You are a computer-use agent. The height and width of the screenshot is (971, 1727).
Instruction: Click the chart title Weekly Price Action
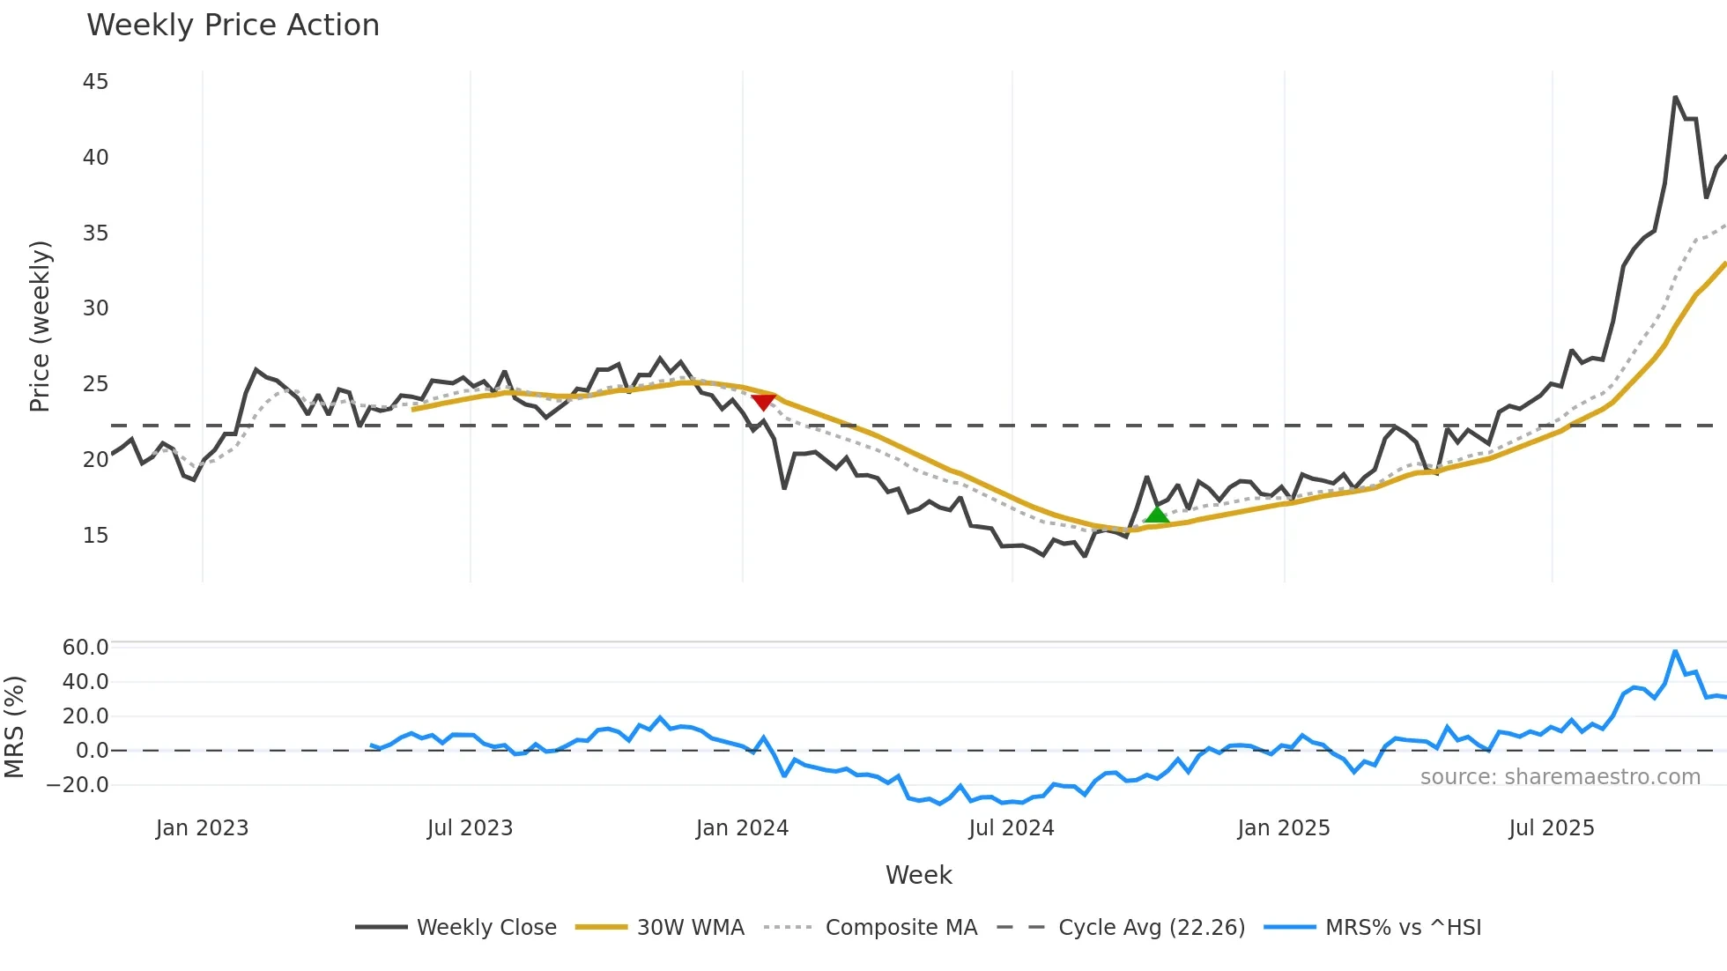pyautogui.click(x=233, y=26)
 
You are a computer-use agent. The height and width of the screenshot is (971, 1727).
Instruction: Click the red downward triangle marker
pyautogui.click(x=763, y=402)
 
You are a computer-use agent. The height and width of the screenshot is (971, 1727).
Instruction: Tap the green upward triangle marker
pyautogui.click(x=1156, y=515)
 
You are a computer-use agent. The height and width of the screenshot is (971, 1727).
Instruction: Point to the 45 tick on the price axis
pyautogui.click(x=95, y=82)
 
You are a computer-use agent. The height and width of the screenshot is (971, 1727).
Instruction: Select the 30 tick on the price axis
pyautogui.click(x=95, y=308)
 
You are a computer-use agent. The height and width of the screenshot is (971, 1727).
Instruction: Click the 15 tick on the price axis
pyautogui.click(x=95, y=535)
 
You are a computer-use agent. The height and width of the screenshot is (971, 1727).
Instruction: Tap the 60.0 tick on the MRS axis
pyautogui.click(x=85, y=647)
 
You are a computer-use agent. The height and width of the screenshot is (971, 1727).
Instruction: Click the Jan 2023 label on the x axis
pyautogui.click(x=202, y=828)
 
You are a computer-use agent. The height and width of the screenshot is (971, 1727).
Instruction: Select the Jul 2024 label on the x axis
pyautogui.click(x=1011, y=828)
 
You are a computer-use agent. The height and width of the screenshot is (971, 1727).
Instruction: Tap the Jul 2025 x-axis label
pyautogui.click(x=1551, y=828)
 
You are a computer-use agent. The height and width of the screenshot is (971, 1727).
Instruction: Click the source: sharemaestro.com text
pyautogui.click(x=1560, y=776)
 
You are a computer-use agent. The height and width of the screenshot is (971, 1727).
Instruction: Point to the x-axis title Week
pyautogui.click(x=918, y=875)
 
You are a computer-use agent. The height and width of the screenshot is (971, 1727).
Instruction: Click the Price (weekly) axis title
pyautogui.click(x=40, y=326)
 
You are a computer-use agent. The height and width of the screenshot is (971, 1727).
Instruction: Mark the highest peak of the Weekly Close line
pyautogui.click(x=1675, y=97)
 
